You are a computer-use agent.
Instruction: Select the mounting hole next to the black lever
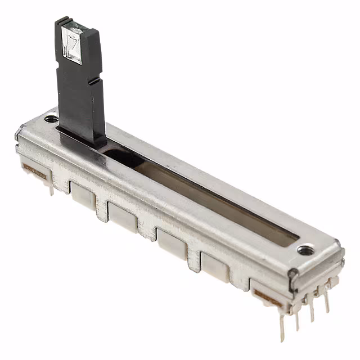coord(51,119)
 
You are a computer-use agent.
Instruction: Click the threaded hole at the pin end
coord(305,249)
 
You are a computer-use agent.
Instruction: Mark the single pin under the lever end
coord(51,188)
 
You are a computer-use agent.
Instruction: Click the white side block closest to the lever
coord(82,195)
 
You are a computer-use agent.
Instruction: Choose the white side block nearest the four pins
coord(215,265)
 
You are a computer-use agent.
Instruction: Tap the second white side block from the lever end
coord(123,217)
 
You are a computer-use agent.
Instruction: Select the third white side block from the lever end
coord(172,242)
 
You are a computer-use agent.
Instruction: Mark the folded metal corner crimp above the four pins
coord(293,274)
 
